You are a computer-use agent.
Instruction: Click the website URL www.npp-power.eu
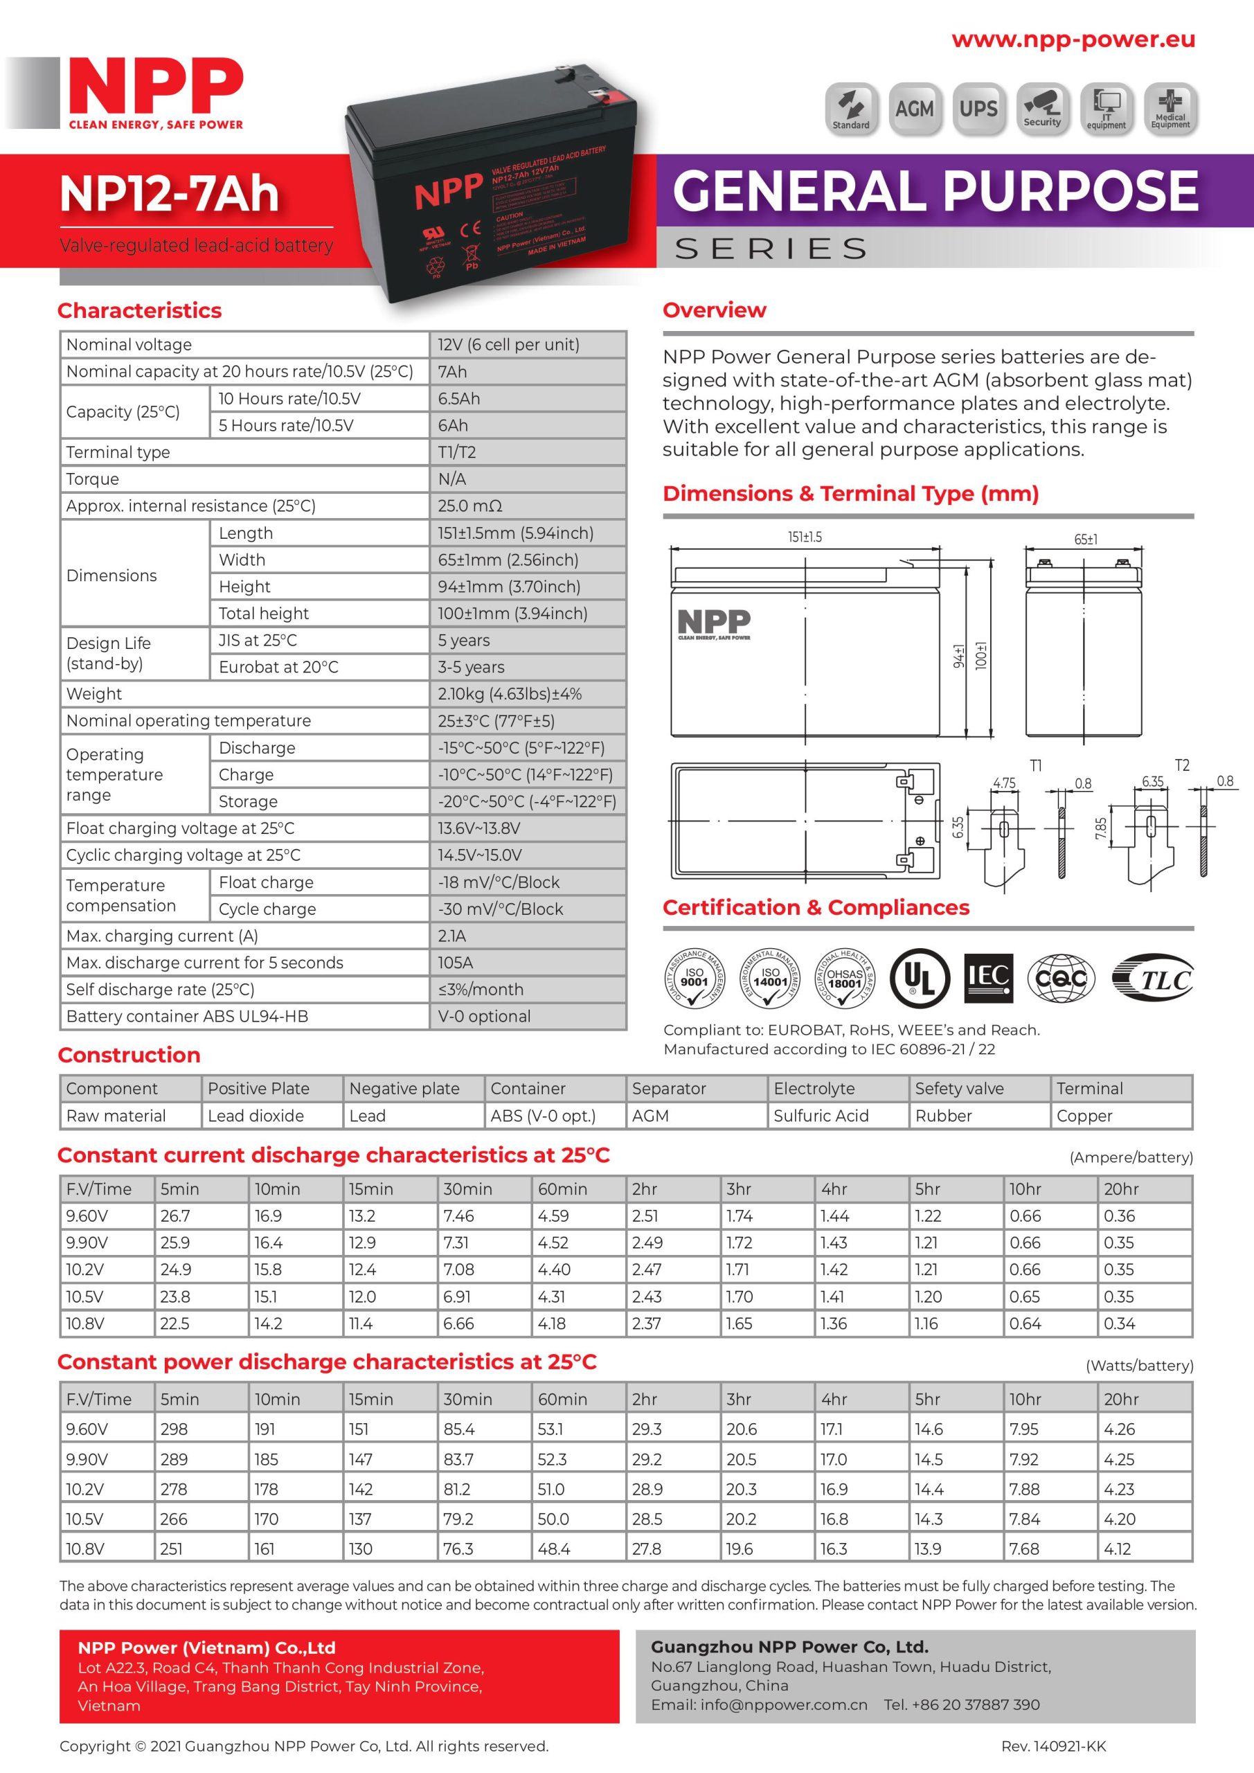[x=1073, y=40]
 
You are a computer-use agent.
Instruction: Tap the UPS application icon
[x=978, y=109]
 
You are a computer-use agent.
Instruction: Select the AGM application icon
[x=914, y=109]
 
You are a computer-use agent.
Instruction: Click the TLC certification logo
[x=1153, y=979]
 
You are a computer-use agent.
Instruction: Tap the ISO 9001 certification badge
[x=695, y=978]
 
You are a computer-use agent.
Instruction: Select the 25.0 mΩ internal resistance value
[x=470, y=506]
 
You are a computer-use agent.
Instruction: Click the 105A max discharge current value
[x=456, y=963]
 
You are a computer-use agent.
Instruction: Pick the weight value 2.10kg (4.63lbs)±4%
[x=510, y=694]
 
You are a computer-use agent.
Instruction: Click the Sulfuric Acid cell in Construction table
[x=821, y=1116]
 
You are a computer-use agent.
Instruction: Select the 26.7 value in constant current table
[x=175, y=1216]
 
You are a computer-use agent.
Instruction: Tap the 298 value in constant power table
[x=174, y=1429]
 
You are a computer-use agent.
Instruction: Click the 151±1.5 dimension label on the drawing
[x=805, y=537]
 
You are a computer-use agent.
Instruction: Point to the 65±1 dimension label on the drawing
[x=1086, y=539]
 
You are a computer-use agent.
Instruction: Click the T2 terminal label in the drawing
[x=1181, y=765]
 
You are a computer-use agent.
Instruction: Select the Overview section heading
[x=715, y=310]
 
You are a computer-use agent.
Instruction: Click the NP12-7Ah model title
[x=169, y=193]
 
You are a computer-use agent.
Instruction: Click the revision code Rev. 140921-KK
[x=1053, y=1746]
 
